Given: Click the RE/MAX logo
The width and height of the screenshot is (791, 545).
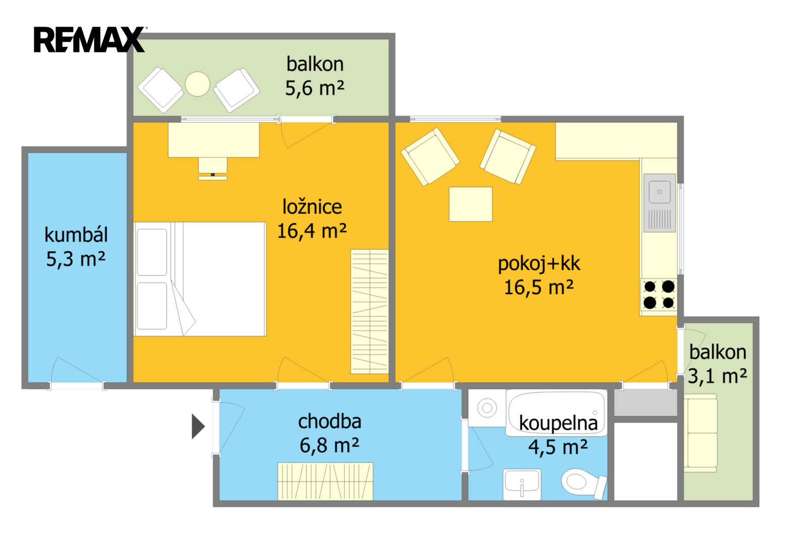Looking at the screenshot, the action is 89,39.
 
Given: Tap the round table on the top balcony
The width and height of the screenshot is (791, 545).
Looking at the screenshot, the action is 197,84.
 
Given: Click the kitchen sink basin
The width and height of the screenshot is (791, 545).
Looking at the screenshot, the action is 659,192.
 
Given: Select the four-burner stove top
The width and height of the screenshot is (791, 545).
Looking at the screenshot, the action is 659,295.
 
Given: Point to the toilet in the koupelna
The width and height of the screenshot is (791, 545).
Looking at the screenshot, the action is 584,483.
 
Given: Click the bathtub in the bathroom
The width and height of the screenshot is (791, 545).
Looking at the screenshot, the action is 556,413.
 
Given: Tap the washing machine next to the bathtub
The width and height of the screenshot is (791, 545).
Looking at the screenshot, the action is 487,408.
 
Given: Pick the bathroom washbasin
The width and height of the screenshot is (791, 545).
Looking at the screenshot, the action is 522,484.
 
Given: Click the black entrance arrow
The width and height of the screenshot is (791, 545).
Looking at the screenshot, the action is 198,426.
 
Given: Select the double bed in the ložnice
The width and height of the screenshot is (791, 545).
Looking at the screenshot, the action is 200,279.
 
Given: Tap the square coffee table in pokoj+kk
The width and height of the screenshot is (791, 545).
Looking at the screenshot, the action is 470,204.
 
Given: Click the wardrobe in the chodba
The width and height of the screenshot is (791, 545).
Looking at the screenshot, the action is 325,481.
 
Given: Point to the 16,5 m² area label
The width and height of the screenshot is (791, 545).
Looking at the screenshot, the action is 539,287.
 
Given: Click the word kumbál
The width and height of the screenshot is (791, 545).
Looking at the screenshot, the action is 76,235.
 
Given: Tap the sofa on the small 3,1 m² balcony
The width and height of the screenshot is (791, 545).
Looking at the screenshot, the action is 701,433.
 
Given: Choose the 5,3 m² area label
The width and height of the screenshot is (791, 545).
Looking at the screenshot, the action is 76,259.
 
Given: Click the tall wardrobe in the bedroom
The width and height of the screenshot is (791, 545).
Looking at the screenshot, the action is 369,311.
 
